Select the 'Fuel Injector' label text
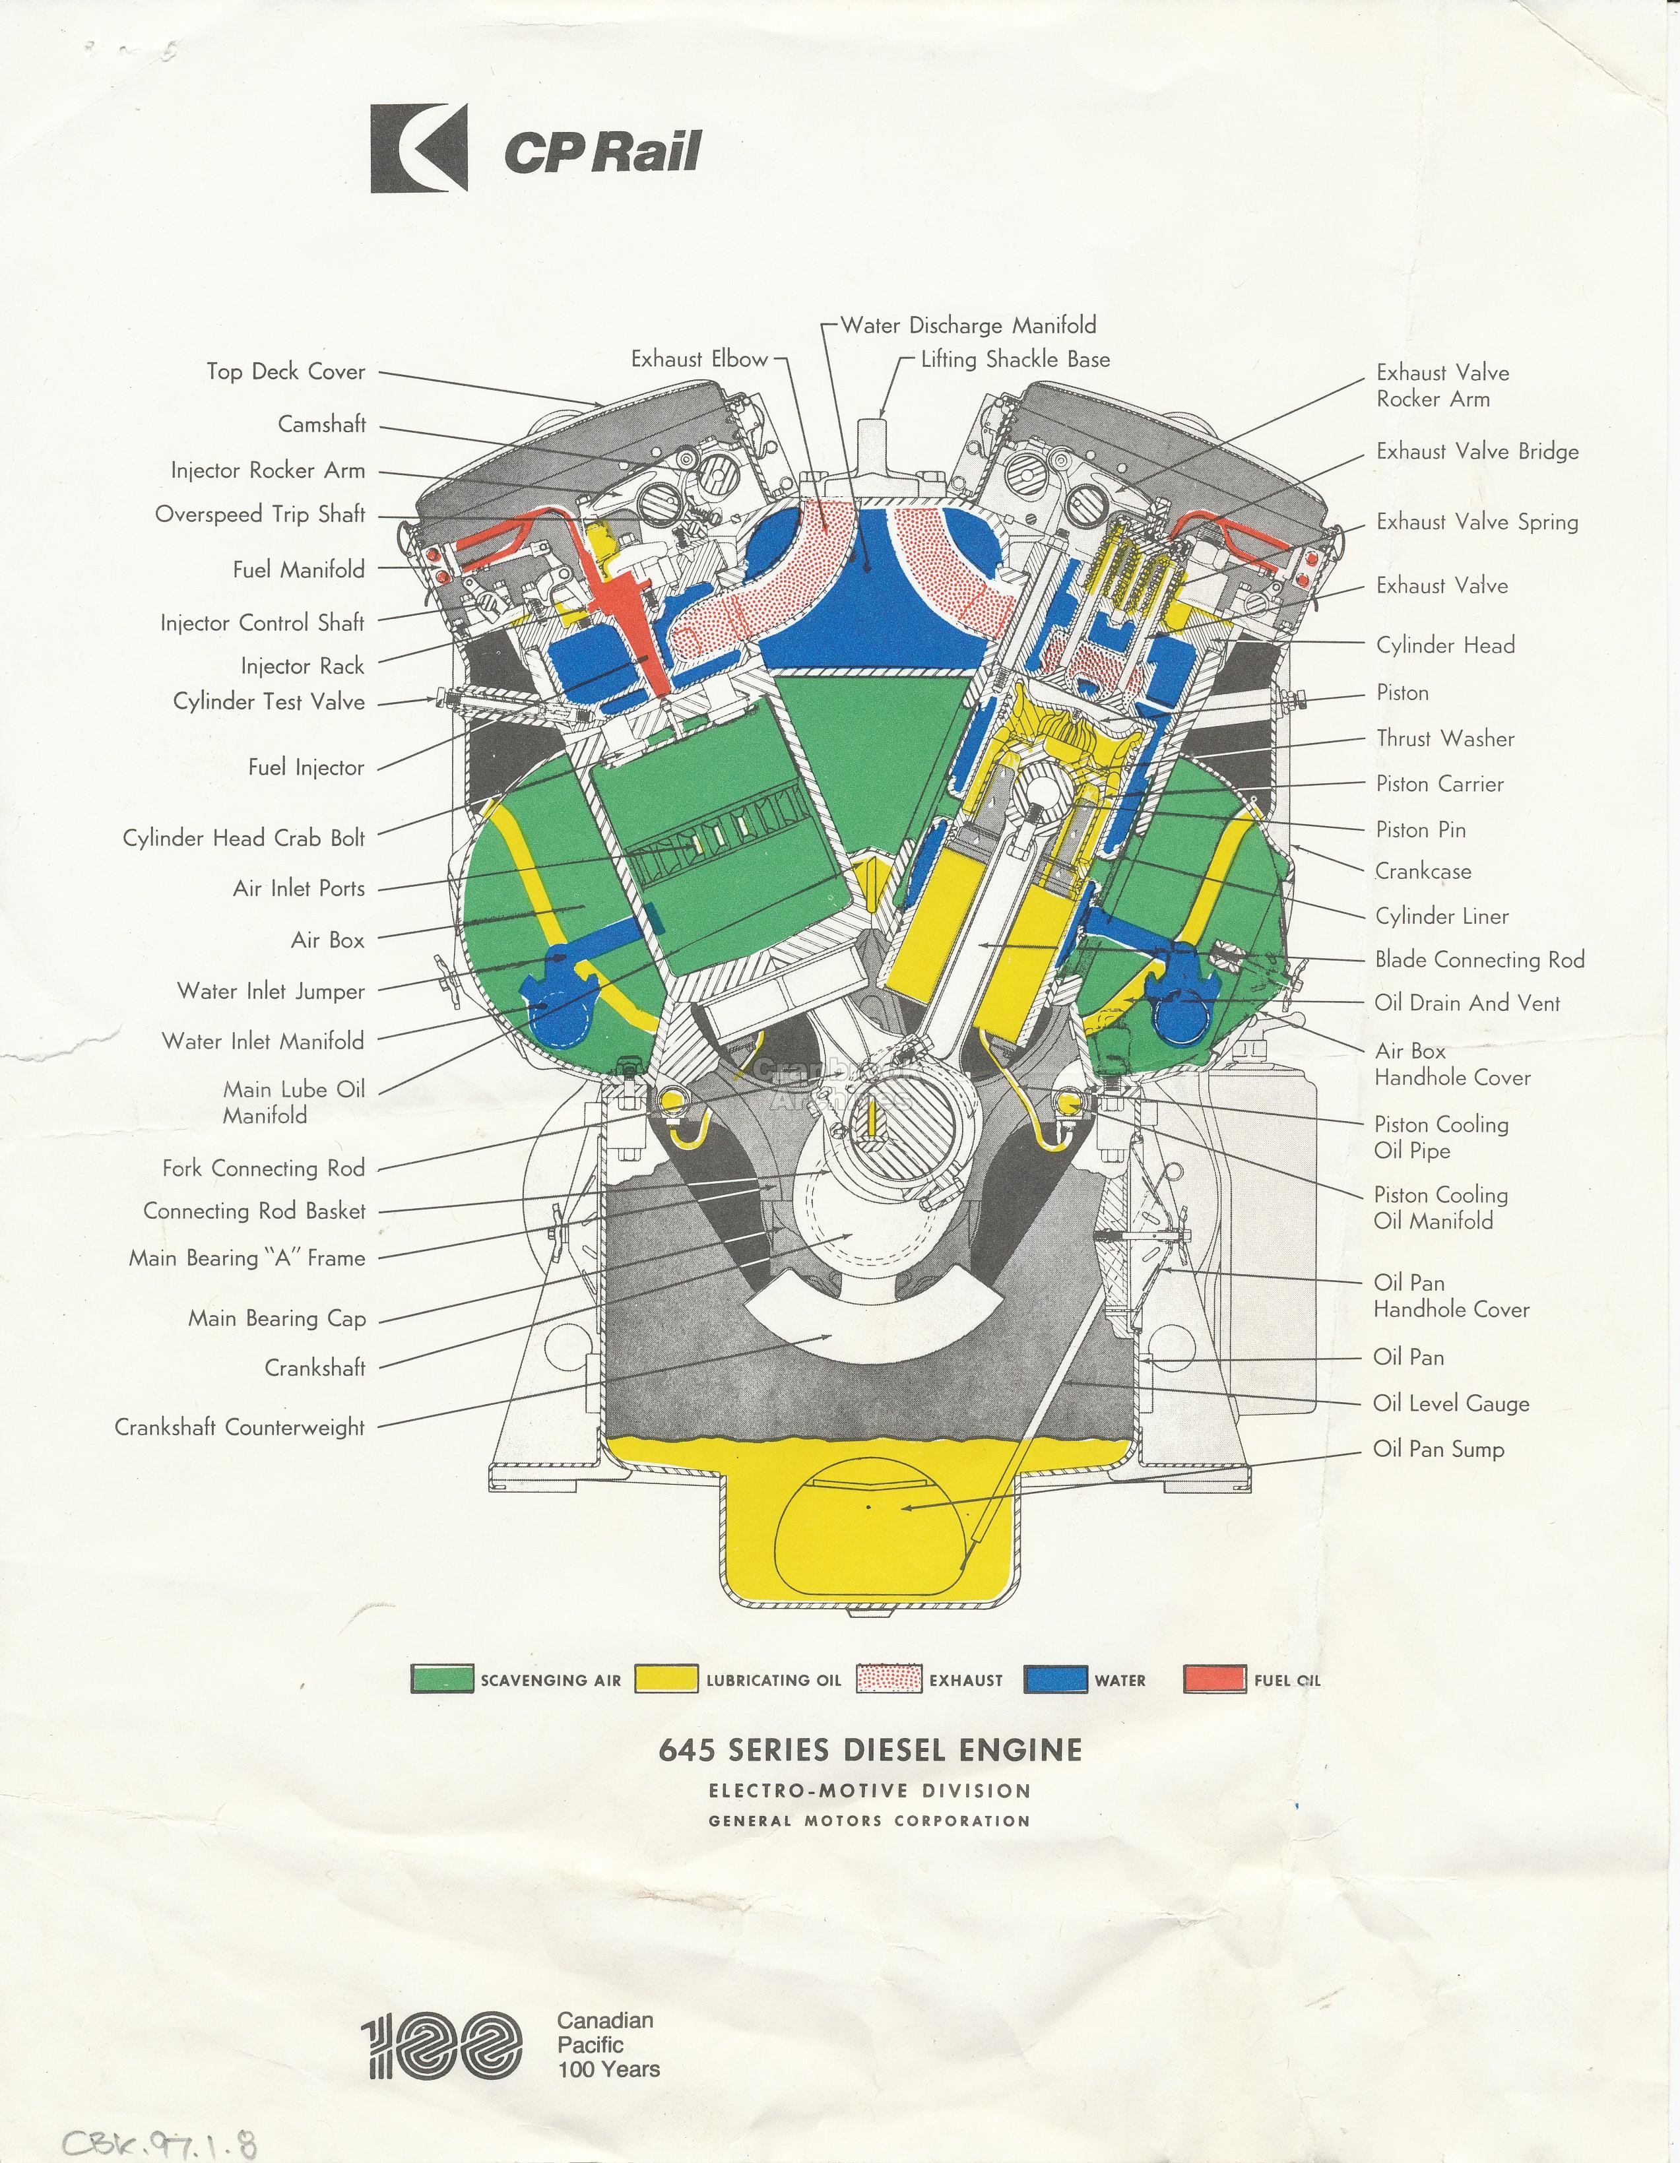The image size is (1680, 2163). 306,767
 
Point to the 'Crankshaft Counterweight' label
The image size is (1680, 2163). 240,1427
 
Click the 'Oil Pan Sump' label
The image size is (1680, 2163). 1438,1449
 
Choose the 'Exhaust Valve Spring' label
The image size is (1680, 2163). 1477,522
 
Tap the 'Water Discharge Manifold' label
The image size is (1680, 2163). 968,326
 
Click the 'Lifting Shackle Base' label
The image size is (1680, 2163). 1016,360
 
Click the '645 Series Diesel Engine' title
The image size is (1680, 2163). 870,1750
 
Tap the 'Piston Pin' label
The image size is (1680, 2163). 1421,830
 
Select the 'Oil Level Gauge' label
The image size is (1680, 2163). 1451,1404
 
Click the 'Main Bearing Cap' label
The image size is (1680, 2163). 277,1318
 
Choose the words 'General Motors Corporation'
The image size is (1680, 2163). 870,1821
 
